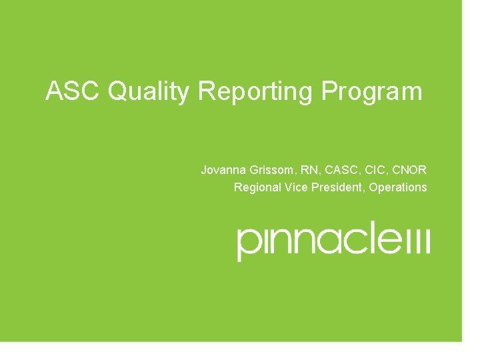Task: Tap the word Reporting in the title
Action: coord(255,92)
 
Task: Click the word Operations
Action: coord(398,187)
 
